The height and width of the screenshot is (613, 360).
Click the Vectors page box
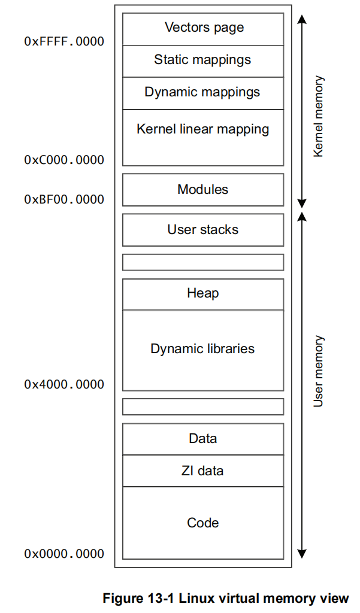point(203,28)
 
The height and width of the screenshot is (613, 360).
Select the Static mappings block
point(202,60)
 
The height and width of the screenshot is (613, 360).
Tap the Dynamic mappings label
point(202,92)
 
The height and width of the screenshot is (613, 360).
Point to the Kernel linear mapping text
point(202,129)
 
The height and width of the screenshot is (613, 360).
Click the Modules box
point(202,190)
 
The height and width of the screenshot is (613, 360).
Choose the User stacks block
point(202,230)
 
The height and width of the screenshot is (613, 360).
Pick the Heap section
point(202,293)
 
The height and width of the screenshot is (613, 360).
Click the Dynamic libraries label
point(202,349)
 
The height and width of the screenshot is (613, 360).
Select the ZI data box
point(202,471)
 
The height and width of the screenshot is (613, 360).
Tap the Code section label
point(202,523)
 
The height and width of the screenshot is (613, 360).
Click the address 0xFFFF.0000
point(64,41)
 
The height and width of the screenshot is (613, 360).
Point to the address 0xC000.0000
point(64,160)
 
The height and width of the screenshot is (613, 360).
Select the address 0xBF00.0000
point(64,199)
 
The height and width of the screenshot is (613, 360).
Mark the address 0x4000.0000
point(64,384)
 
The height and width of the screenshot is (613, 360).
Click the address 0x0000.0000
point(64,554)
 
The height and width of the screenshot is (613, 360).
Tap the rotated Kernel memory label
point(319,116)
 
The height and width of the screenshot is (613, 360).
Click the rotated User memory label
point(319,371)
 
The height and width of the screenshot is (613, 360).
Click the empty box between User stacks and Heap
point(202,262)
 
